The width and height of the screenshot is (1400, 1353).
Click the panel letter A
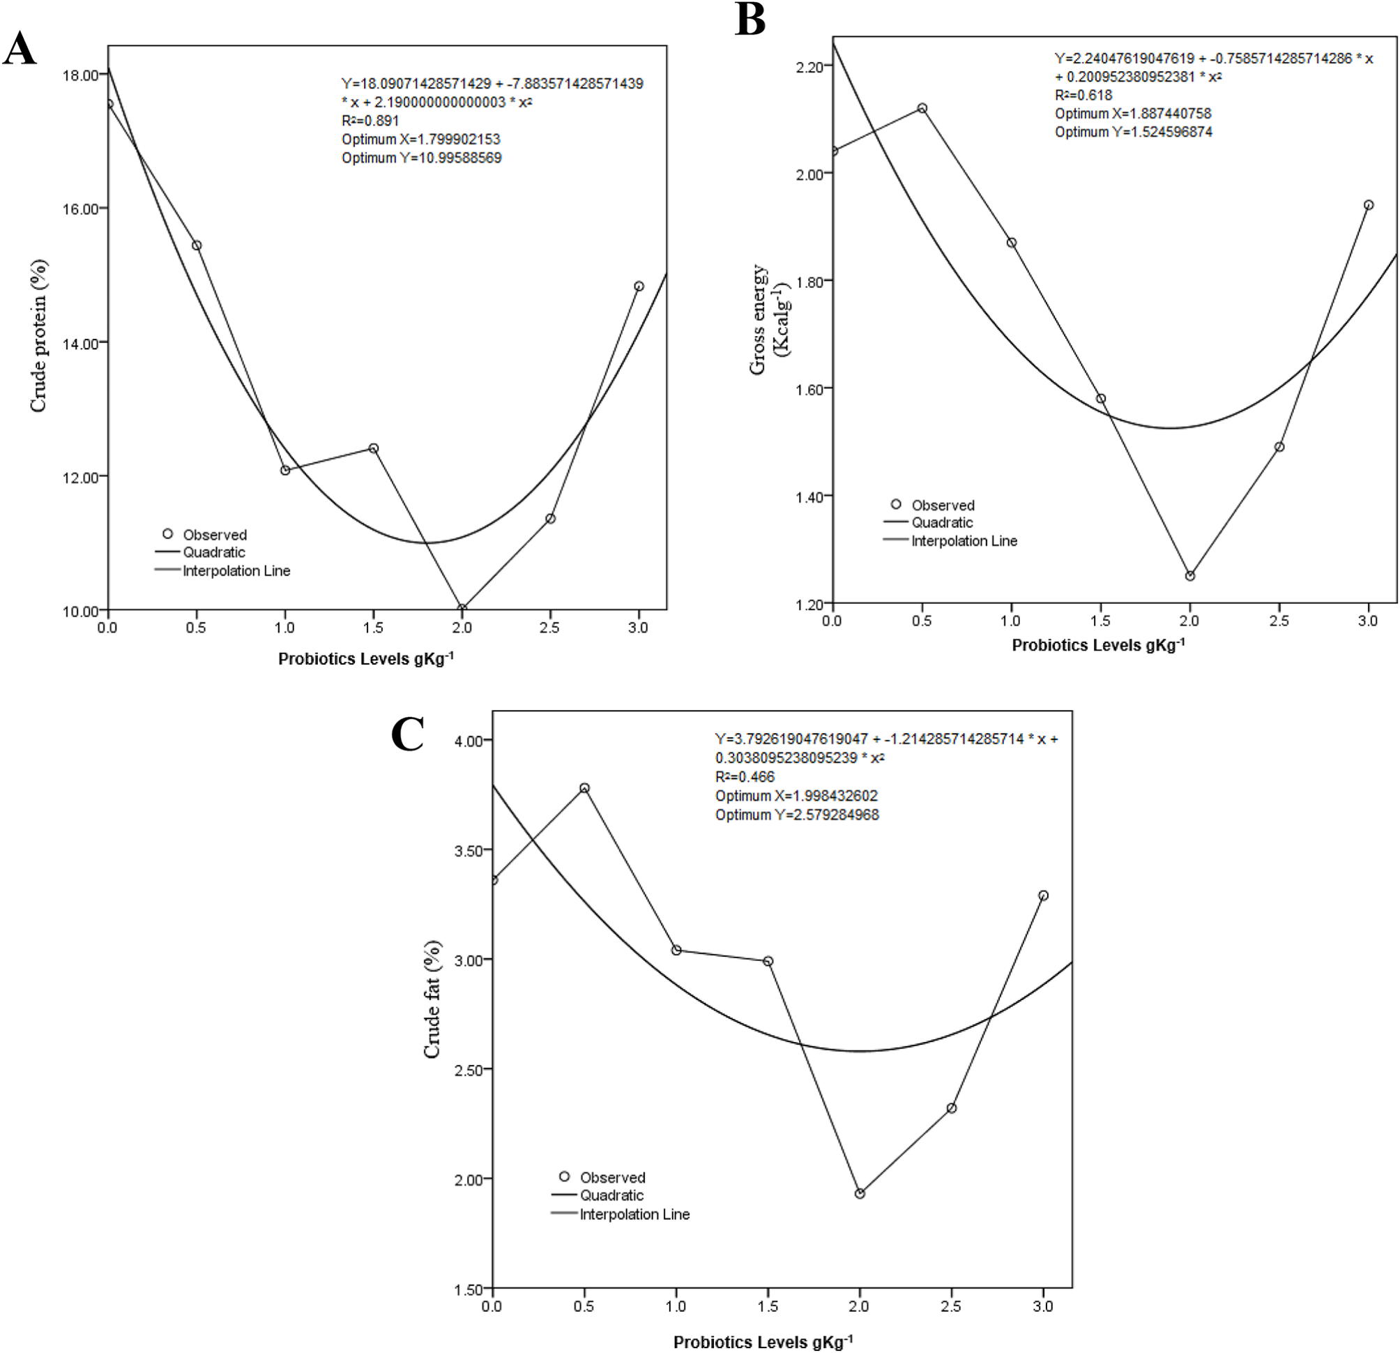pos(20,50)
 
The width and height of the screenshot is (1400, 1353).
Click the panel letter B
pos(750,20)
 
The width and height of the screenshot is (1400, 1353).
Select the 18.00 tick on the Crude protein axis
pos(80,76)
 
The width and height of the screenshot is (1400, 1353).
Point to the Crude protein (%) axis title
pos(38,335)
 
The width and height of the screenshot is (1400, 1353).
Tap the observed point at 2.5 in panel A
pos(550,519)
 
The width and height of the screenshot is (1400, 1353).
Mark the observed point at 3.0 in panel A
pos(639,287)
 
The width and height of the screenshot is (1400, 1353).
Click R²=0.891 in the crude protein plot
pos(370,121)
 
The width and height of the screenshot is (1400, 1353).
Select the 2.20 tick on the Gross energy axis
pos(809,67)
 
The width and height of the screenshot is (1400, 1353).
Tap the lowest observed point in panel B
pos(1190,576)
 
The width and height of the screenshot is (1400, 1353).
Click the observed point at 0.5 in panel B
pos(922,109)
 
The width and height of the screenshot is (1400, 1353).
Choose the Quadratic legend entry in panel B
pos(941,522)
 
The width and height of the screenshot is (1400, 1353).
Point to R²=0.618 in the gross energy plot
pos(1083,95)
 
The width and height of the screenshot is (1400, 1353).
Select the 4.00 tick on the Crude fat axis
pos(469,741)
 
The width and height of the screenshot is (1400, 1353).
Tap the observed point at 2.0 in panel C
pos(860,1194)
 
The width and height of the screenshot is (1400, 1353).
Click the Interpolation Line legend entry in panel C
pos(634,1214)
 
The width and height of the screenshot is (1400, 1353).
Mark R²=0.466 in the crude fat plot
pos(745,776)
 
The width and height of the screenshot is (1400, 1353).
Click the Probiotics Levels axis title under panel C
pos(763,1342)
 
